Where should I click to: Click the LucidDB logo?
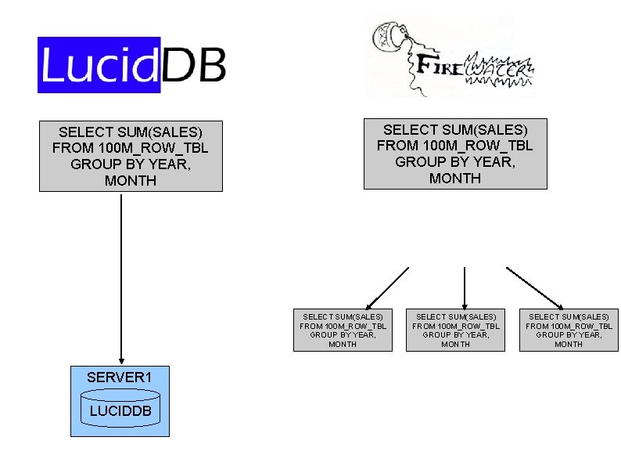(x=131, y=64)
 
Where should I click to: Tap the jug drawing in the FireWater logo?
(x=392, y=36)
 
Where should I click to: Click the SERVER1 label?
(x=119, y=377)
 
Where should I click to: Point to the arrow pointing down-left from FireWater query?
(x=387, y=287)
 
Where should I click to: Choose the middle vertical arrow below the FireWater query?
(x=465, y=287)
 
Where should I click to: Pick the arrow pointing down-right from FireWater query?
(x=535, y=287)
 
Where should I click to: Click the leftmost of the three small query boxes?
(x=343, y=330)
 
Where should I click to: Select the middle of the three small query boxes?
(x=455, y=330)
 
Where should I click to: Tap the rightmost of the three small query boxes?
(x=569, y=330)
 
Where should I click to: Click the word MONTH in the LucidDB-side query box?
(x=131, y=181)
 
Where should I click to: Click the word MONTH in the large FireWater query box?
(x=455, y=179)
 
